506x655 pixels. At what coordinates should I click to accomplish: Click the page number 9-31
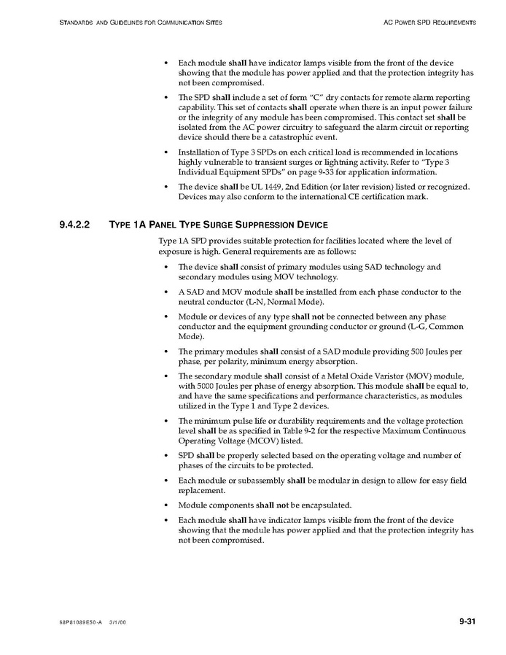[x=467, y=621]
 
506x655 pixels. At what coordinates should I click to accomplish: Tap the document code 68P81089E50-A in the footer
[x=81, y=622]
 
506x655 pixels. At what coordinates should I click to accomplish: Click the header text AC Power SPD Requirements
[x=429, y=23]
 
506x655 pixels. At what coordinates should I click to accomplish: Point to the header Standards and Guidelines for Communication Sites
[x=140, y=23]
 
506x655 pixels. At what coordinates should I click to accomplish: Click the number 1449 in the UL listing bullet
[x=254, y=186]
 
